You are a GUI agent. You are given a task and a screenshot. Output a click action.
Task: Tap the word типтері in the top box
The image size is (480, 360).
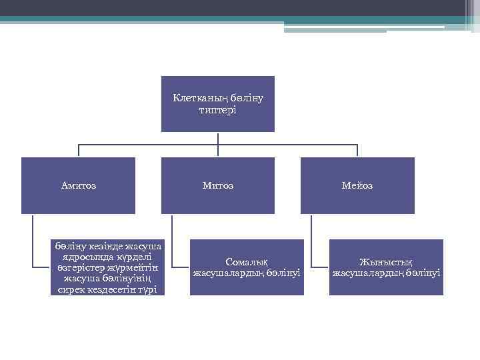click(x=217, y=109)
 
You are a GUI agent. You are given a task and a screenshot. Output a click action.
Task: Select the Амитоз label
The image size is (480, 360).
click(x=79, y=185)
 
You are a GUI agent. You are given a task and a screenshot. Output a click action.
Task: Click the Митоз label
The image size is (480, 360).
click(x=218, y=185)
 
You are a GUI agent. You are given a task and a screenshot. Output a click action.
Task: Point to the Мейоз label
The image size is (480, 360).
click(x=357, y=185)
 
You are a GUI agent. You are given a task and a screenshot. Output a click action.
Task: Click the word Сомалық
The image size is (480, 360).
click(x=247, y=262)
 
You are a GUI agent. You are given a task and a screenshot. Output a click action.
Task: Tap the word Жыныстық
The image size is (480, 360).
click(x=386, y=262)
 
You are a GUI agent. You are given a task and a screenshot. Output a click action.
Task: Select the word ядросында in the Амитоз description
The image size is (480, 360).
click(x=85, y=257)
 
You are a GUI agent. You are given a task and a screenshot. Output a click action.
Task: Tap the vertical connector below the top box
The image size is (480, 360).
click(x=218, y=138)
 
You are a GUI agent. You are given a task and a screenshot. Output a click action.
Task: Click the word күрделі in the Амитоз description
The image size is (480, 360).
click(x=133, y=257)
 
